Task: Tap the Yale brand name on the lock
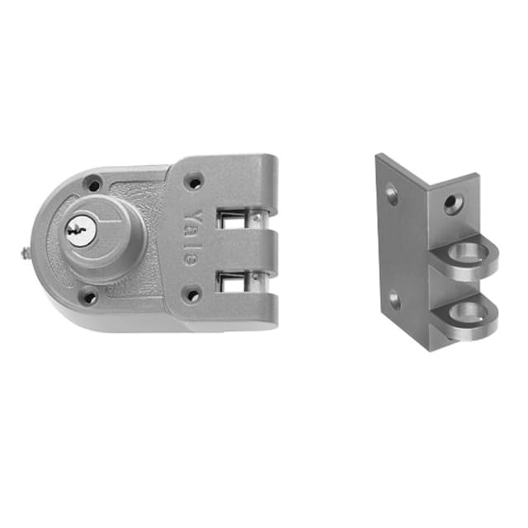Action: [x=191, y=236]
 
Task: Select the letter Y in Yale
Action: [x=191, y=216]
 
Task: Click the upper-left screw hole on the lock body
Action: [x=95, y=185]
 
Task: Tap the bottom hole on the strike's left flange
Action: [x=395, y=300]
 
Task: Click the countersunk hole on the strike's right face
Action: [x=452, y=202]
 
